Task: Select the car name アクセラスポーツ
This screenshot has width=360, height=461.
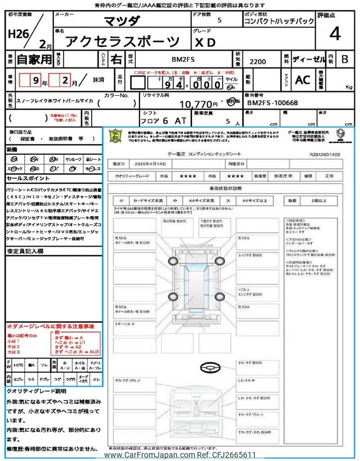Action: click(123, 41)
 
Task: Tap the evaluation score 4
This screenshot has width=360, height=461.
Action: click(335, 34)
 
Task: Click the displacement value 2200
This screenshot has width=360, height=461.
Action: click(258, 62)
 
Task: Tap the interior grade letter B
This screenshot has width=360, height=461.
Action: click(344, 59)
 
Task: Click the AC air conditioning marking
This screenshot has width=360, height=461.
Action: click(303, 80)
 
